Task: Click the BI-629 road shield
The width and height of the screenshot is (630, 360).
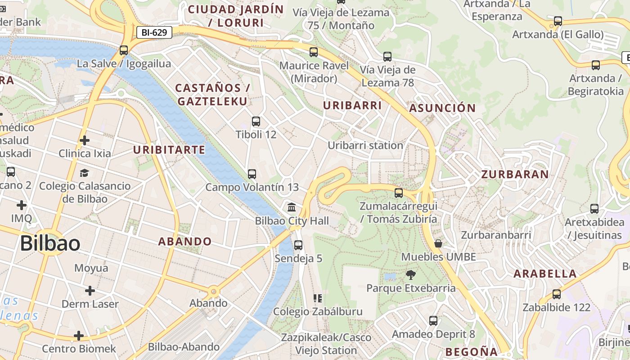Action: point(154,32)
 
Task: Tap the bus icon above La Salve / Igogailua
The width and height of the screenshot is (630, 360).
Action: point(124,50)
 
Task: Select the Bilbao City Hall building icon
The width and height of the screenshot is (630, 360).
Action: point(292,208)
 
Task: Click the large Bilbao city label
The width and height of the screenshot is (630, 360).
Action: point(50,243)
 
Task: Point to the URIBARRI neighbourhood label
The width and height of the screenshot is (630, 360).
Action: point(352,106)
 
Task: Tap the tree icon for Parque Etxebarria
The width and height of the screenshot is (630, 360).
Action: point(410,274)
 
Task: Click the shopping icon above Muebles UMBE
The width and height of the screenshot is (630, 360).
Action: point(438,243)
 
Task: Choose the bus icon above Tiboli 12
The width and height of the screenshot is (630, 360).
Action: point(256,121)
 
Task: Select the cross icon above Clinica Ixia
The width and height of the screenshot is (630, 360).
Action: point(84,140)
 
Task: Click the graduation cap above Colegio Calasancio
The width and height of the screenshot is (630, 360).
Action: point(84,173)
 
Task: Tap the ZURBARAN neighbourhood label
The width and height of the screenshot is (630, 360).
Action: point(515,174)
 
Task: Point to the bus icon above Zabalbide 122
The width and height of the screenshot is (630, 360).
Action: point(557,294)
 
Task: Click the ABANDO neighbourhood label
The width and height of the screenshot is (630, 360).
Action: point(184,241)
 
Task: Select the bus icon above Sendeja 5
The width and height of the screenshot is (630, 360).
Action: point(298,245)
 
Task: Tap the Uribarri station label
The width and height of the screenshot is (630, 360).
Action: point(365,145)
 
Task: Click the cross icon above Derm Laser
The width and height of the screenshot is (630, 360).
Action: point(90,291)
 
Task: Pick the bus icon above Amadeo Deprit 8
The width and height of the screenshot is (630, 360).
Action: point(433,321)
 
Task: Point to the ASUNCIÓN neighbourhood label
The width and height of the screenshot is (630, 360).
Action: point(442,108)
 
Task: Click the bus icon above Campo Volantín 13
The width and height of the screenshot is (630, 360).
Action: point(252,174)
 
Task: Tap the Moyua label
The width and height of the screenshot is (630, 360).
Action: point(91,268)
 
